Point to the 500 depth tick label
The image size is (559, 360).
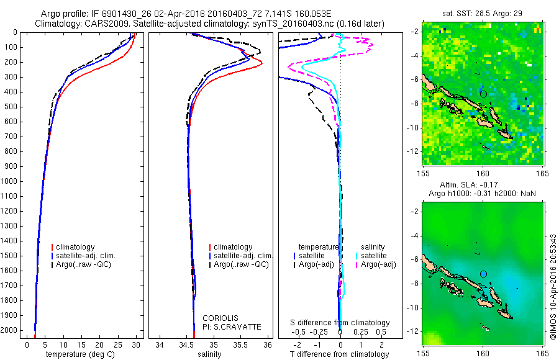pyautogui.click(x=12, y=106)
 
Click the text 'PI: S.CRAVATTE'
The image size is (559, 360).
pyautogui.click(x=232, y=326)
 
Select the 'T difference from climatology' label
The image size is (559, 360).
pyautogui.click(x=339, y=354)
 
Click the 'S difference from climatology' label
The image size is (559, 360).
pyautogui.click(x=340, y=323)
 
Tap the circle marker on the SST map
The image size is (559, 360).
pyautogui.click(x=483, y=94)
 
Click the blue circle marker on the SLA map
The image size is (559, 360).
pyautogui.click(x=483, y=274)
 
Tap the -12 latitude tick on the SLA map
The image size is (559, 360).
pyautogui.click(x=413, y=331)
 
